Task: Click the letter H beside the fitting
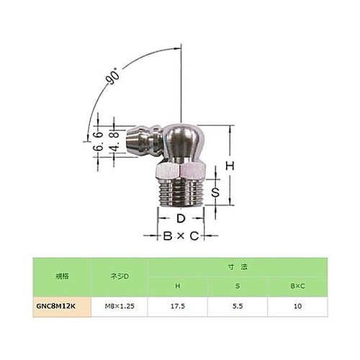(230, 166)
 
